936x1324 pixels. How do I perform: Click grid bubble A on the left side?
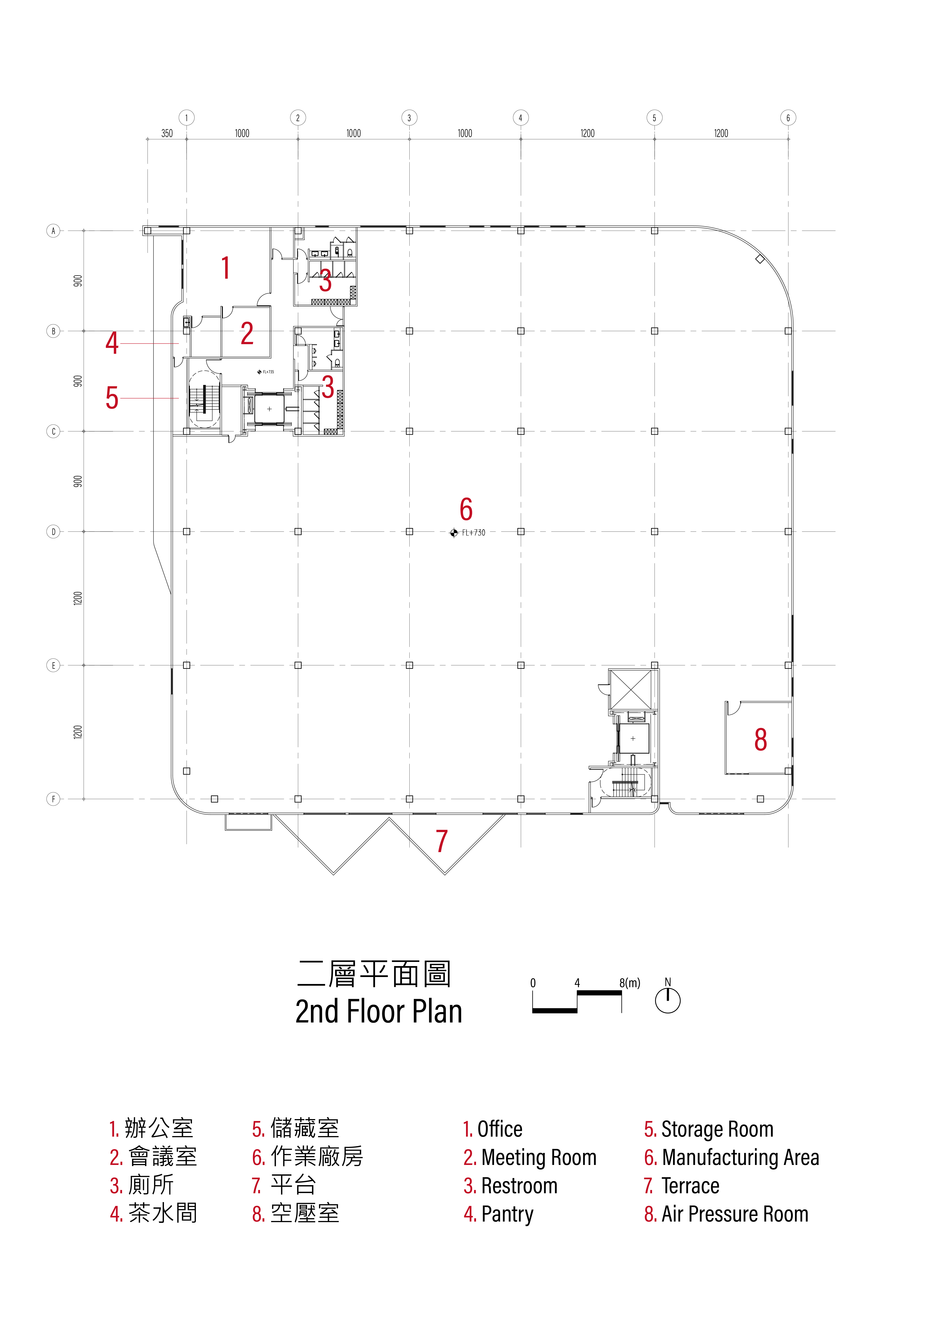(x=53, y=231)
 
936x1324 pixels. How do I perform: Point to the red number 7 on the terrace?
(x=442, y=841)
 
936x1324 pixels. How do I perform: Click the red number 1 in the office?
(x=225, y=268)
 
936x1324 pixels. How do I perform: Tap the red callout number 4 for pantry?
(x=112, y=343)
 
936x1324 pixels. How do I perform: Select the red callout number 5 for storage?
(x=112, y=399)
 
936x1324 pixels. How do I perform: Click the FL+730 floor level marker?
(x=468, y=533)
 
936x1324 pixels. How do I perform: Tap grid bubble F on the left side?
(x=53, y=799)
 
